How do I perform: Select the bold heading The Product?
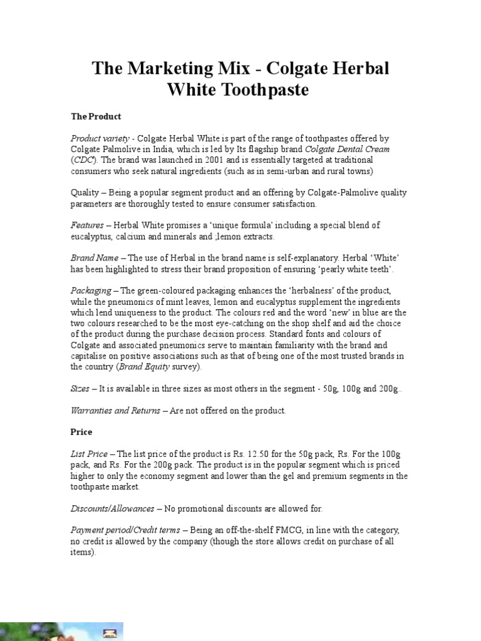[96, 116]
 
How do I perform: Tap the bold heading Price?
[81, 432]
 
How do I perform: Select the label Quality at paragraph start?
[84, 193]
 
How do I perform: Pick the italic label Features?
[88, 225]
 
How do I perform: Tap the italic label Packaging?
[91, 290]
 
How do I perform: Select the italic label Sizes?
[80, 389]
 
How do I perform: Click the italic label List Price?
[90, 454]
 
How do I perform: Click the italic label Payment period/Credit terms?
[125, 530]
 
